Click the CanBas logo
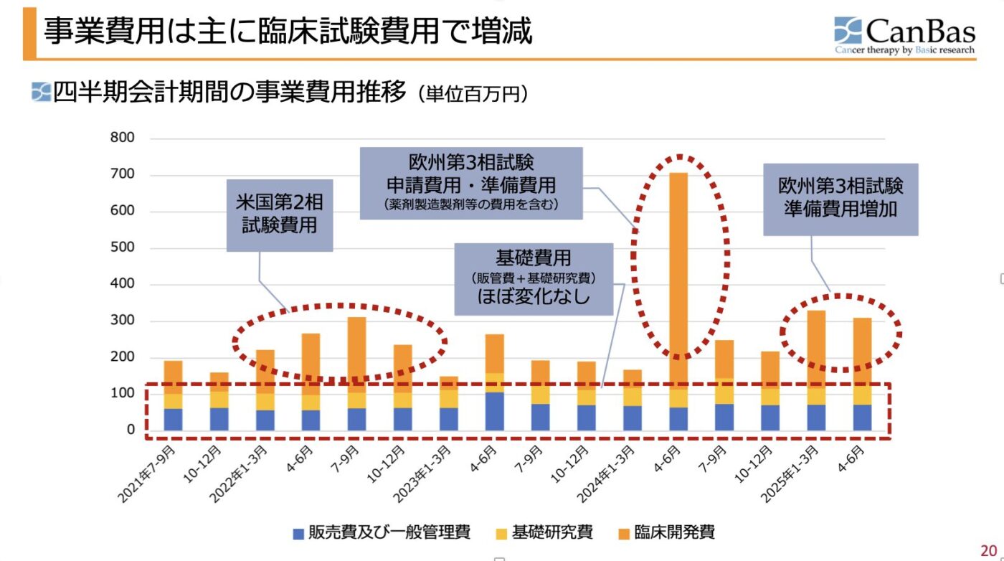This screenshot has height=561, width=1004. tap(904, 34)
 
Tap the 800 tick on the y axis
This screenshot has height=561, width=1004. tap(122, 138)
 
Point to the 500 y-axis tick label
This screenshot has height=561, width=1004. tap(122, 248)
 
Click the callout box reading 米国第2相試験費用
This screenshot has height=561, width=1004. tap(280, 214)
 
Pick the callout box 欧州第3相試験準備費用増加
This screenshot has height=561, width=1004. tap(840, 199)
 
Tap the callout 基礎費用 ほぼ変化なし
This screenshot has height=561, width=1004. tap(534, 278)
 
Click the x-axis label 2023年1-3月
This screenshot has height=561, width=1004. tap(426, 473)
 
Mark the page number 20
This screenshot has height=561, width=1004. tap(989, 550)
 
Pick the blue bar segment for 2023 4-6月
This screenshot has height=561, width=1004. tap(495, 411)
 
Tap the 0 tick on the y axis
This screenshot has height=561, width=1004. tap(131, 430)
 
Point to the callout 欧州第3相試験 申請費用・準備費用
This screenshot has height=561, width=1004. tap(470, 183)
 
